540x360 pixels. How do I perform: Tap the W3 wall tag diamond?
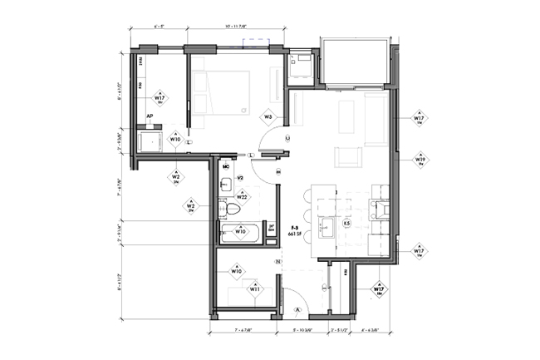[x=268, y=117]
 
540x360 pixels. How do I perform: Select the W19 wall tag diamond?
[x=421, y=160]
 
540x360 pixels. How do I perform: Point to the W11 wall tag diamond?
[x=254, y=290]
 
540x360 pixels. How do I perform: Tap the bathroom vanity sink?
[x=226, y=184]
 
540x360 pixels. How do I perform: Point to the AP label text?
[x=150, y=117]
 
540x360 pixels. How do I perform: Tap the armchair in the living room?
[x=346, y=155]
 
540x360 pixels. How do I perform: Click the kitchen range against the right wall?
[x=379, y=208]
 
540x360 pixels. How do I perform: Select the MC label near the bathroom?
[x=225, y=167]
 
